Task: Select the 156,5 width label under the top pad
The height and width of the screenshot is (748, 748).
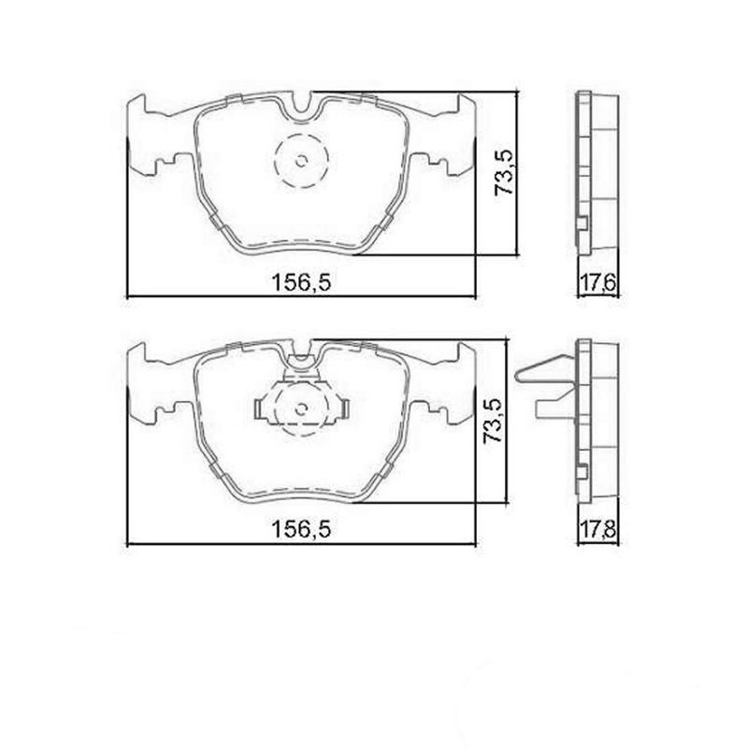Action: (302, 283)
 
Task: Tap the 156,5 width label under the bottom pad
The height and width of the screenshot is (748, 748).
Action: (302, 530)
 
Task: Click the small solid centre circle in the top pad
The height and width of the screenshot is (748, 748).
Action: (300, 160)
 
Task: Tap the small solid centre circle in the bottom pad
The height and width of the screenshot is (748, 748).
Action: (300, 408)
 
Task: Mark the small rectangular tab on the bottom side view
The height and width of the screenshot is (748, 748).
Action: (583, 473)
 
